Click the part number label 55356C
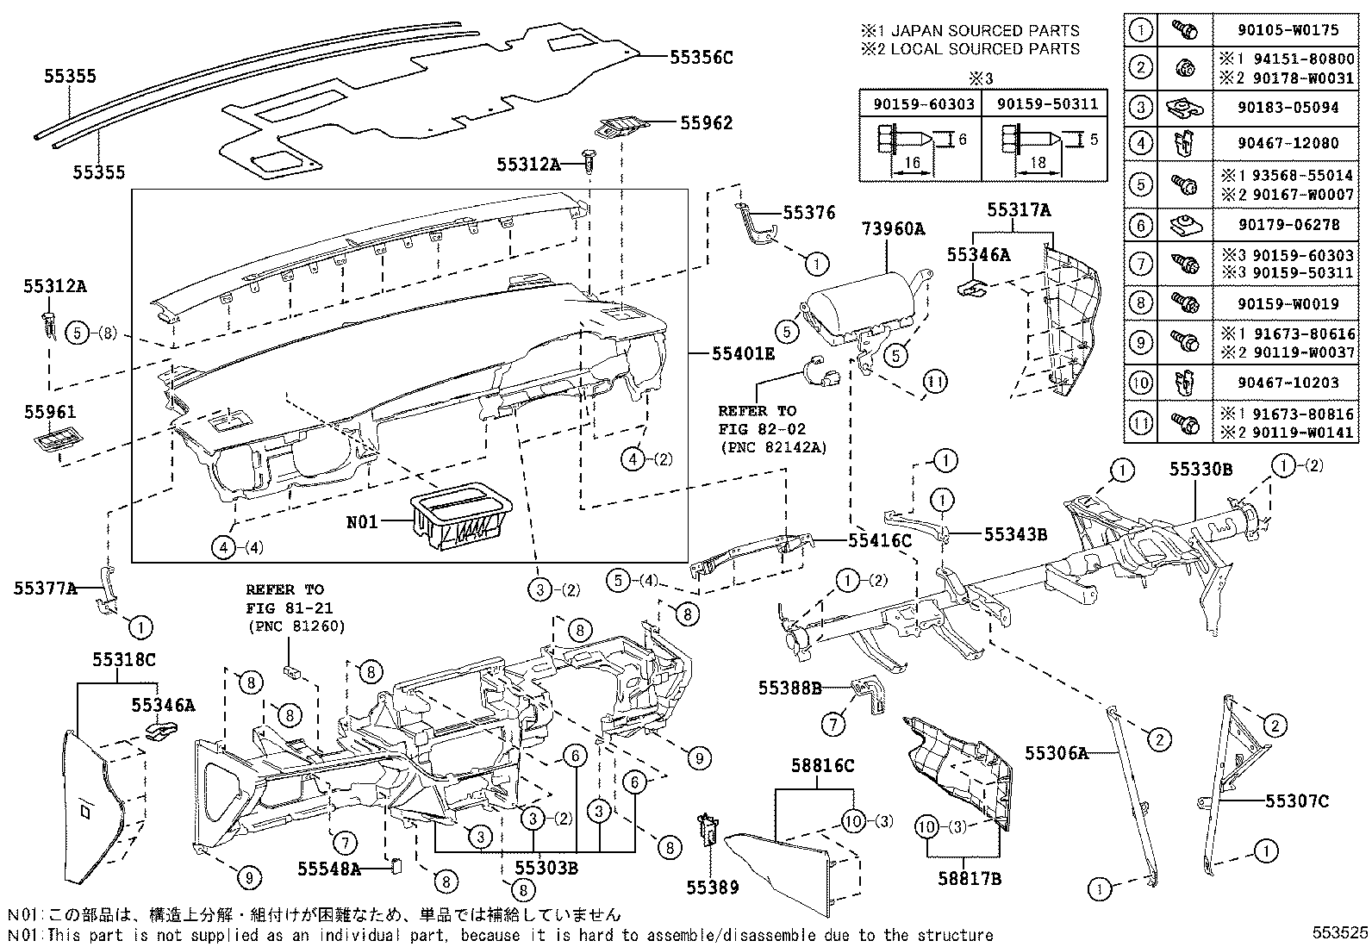pyautogui.click(x=701, y=58)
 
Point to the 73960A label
pyautogui.click(x=893, y=229)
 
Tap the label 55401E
pyautogui.click(x=743, y=353)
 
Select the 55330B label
pyautogui.click(x=1200, y=469)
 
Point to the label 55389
pyautogui.click(x=713, y=887)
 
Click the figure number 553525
pyautogui.click(x=1340, y=934)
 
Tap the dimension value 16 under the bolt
pyautogui.click(x=913, y=163)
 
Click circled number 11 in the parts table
pyautogui.click(x=1140, y=423)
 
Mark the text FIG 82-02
pyautogui.click(x=756, y=428)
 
